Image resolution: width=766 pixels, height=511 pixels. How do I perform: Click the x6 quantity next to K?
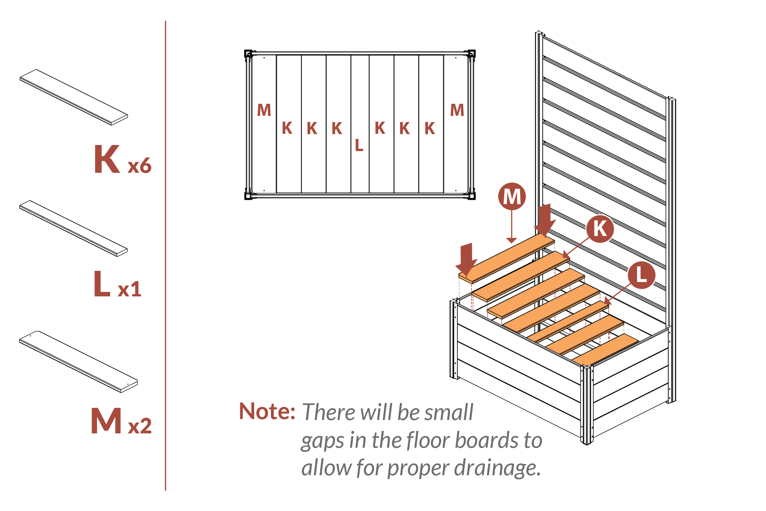pyautogui.click(x=139, y=166)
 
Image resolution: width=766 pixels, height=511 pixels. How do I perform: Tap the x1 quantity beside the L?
pyautogui.click(x=129, y=289)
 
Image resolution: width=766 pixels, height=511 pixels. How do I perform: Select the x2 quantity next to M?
pyautogui.click(x=140, y=426)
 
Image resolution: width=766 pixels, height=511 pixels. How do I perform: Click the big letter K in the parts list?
pyautogui.click(x=107, y=159)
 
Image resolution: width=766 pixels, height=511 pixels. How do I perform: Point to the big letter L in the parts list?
pyautogui.click(x=101, y=284)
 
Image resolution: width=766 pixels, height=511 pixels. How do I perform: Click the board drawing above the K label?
pyautogui.click(x=74, y=97)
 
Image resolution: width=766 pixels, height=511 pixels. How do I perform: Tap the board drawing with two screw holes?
pyautogui.click(x=78, y=362)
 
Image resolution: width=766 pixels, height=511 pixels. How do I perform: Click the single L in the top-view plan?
pyautogui.click(x=359, y=145)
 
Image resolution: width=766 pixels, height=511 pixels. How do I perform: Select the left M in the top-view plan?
pyautogui.click(x=264, y=110)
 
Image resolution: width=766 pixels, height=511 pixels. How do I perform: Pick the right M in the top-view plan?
pyautogui.click(x=457, y=110)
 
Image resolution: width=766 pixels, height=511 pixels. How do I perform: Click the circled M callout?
pyautogui.click(x=512, y=196)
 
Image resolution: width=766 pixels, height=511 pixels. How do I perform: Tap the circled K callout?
pyautogui.click(x=600, y=228)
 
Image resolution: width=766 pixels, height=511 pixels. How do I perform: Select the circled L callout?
pyautogui.click(x=641, y=275)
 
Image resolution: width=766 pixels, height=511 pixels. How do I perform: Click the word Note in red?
pyautogui.click(x=267, y=411)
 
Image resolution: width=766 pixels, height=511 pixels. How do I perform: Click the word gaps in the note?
pyautogui.click(x=322, y=441)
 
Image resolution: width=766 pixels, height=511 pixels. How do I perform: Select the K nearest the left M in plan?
pyautogui.click(x=287, y=128)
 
